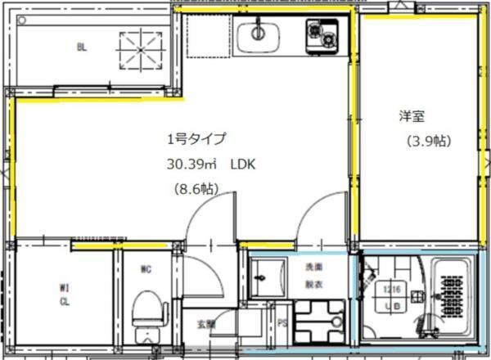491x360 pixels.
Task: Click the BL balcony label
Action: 82,47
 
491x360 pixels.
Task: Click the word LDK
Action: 243,164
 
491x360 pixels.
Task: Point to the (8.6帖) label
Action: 195,189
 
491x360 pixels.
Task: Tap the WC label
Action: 146,268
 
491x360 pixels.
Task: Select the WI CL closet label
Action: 64,293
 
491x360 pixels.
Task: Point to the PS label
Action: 281,323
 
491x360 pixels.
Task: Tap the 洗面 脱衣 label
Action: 314,275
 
